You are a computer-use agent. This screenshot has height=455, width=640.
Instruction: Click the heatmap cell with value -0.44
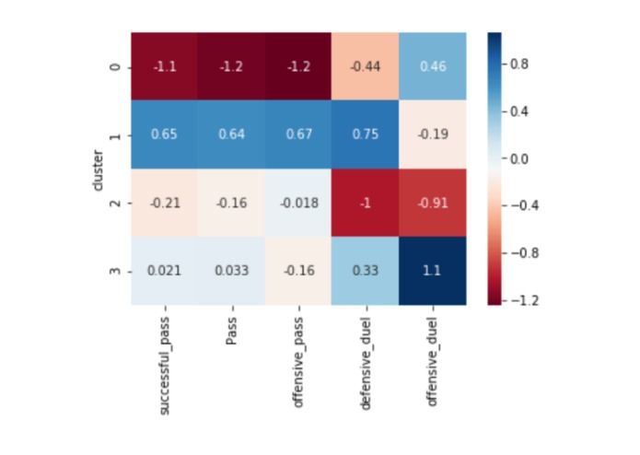365,66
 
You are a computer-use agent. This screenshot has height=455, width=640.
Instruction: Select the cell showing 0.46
432,66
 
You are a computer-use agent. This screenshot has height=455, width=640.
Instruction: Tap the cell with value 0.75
365,134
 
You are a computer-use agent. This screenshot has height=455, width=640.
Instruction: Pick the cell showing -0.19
432,134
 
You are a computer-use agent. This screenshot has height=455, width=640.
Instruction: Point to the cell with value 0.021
164,270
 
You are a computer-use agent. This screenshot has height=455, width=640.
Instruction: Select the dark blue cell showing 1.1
432,270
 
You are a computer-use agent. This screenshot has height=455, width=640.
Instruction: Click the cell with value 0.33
365,270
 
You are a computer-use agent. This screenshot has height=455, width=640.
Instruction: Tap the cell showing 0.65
164,134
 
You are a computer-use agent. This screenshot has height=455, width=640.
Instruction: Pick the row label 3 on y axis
114,270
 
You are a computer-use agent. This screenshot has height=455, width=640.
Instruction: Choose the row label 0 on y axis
114,66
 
